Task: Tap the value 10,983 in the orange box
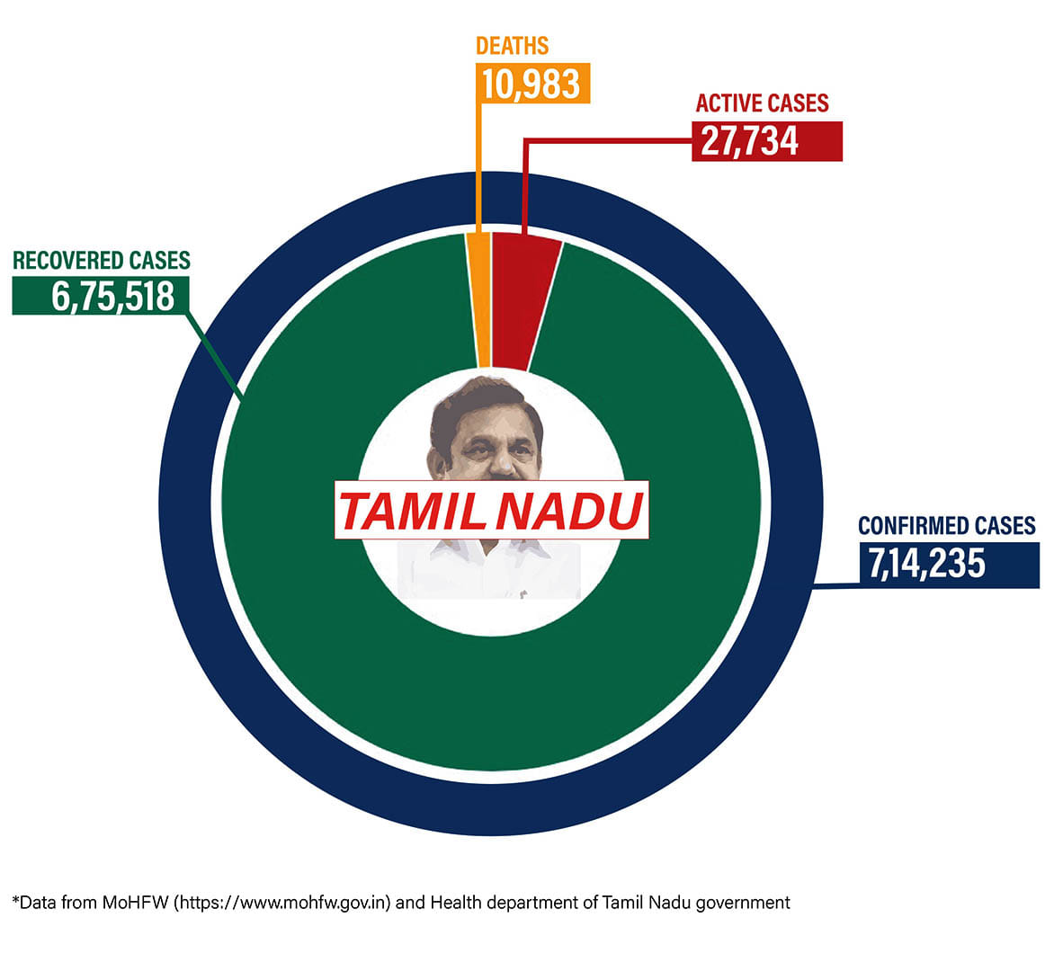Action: click(531, 84)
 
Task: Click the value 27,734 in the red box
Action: click(749, 142)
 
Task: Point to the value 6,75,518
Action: click(112, 296)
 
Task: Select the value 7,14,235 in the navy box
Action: click(926, 565)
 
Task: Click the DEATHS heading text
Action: click(512, 46)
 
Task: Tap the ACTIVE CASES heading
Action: click(762, 103)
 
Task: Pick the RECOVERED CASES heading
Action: click(102, 261)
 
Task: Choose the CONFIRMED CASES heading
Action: click(946, 526)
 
